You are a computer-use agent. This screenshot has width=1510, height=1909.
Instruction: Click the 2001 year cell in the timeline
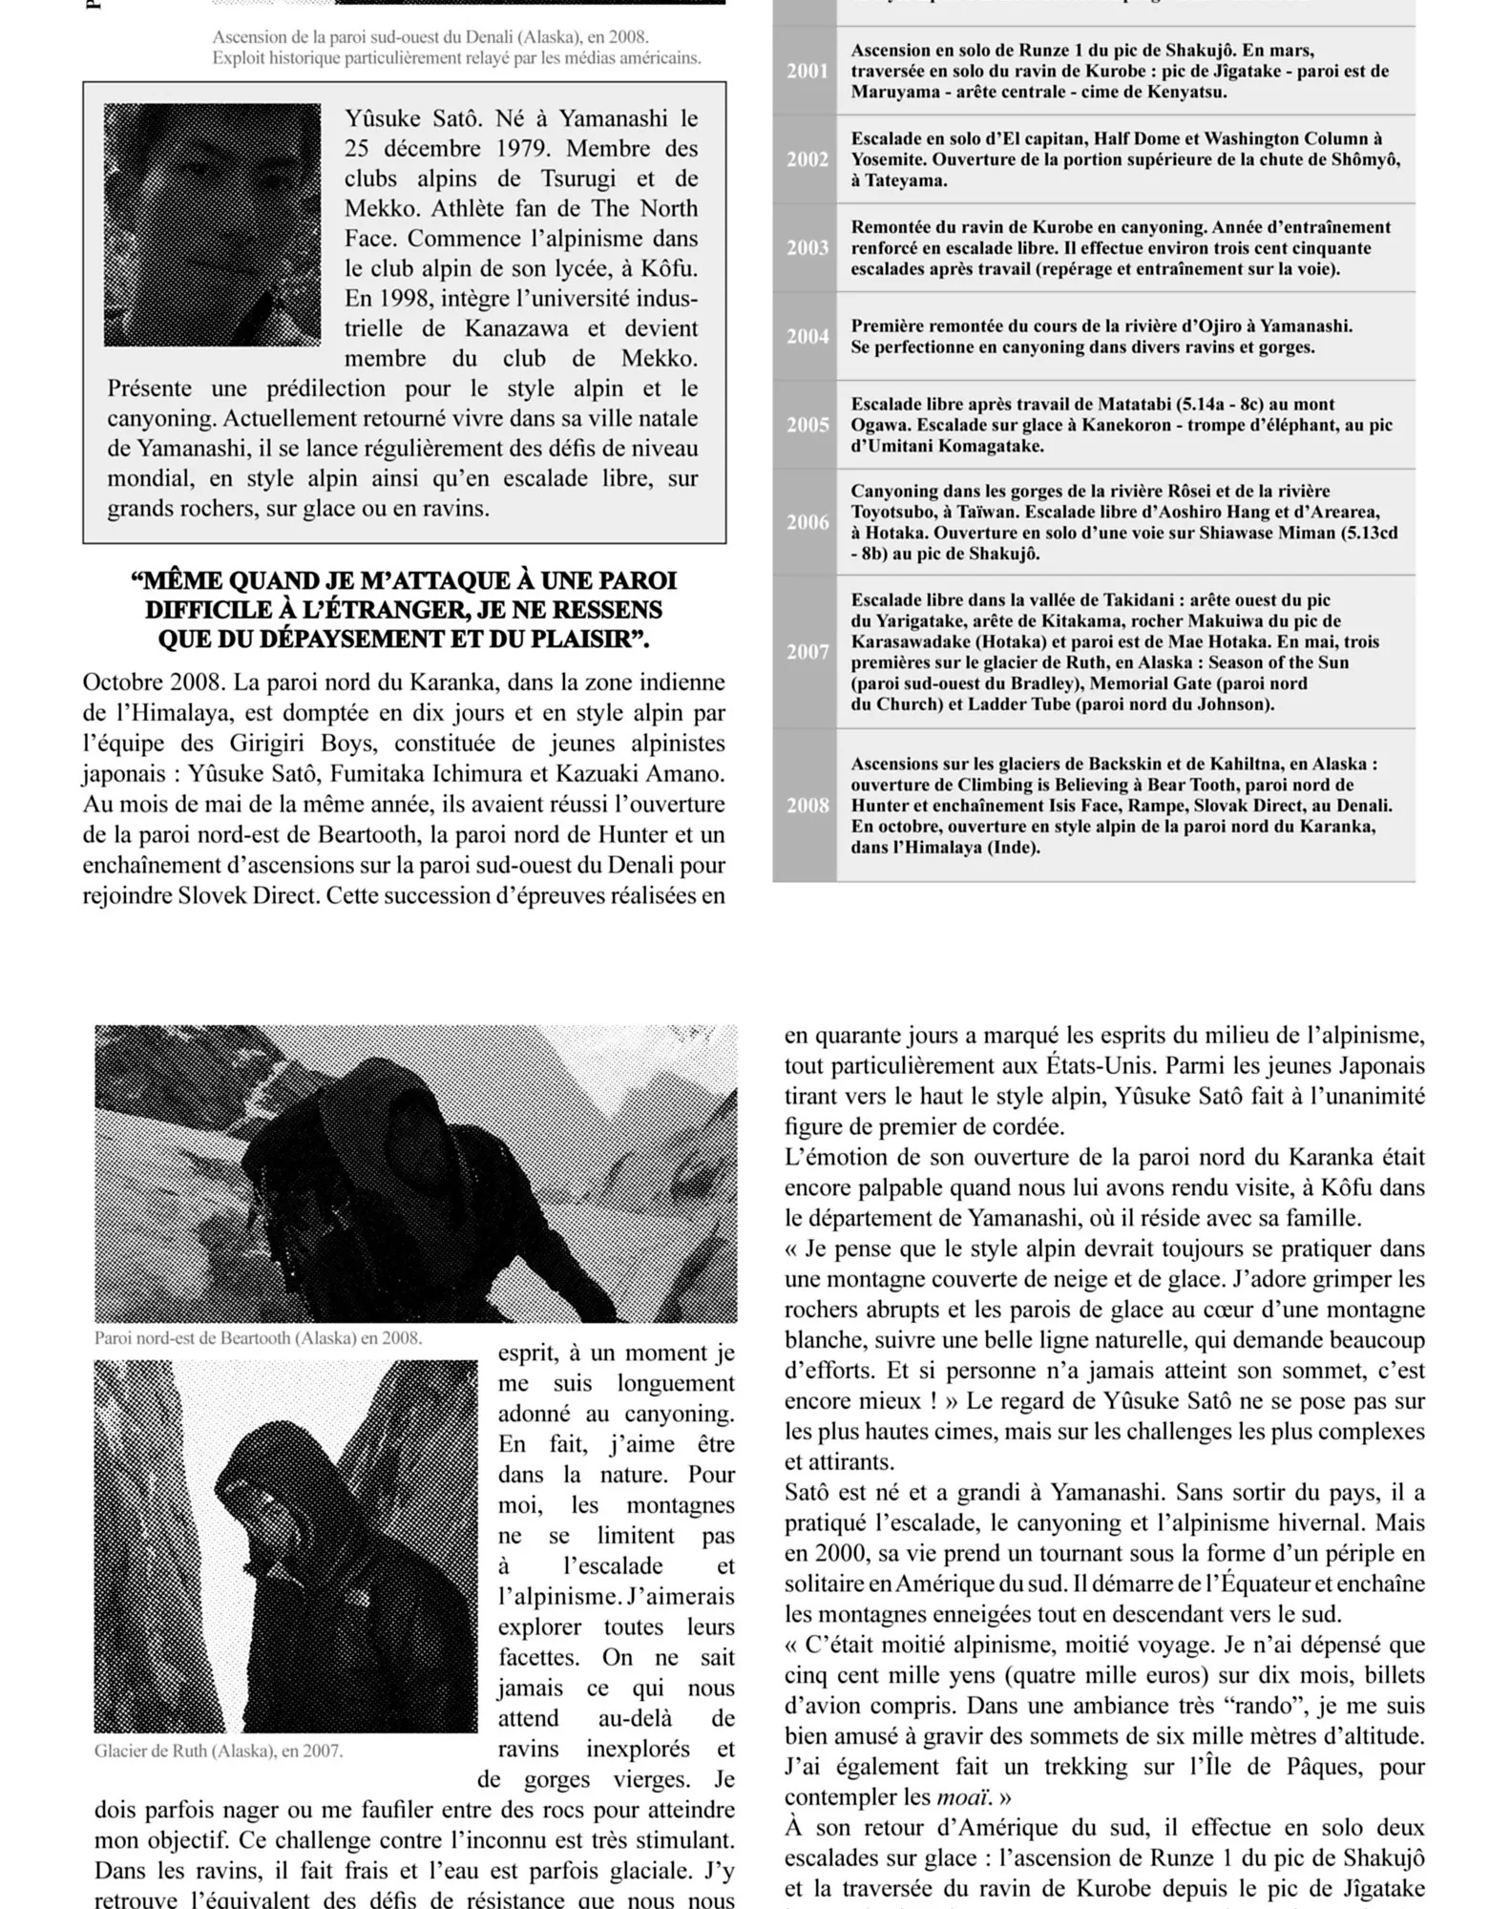[807, 72]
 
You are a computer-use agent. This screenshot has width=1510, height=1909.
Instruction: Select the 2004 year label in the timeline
[807, 337]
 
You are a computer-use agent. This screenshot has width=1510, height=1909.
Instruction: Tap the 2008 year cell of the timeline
[807, 806]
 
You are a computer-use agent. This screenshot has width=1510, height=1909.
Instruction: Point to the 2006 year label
[807, 522]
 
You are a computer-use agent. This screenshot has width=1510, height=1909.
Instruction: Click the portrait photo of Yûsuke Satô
[212, 224]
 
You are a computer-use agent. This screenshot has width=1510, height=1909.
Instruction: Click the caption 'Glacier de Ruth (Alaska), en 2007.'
[219, 1751]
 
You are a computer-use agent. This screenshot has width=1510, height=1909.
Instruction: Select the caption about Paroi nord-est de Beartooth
[258, 1337]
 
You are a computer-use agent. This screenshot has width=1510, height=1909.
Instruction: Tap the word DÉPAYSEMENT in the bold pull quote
[378, 639]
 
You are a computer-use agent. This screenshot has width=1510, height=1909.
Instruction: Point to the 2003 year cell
[807, 248]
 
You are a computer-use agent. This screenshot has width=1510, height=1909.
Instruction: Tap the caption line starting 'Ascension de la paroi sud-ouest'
[430, 37]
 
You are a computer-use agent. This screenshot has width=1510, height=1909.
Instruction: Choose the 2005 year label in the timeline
[807, 425]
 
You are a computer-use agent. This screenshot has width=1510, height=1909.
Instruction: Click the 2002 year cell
[807, 159]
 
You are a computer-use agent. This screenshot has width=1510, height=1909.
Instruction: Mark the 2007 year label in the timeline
[807, 652]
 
